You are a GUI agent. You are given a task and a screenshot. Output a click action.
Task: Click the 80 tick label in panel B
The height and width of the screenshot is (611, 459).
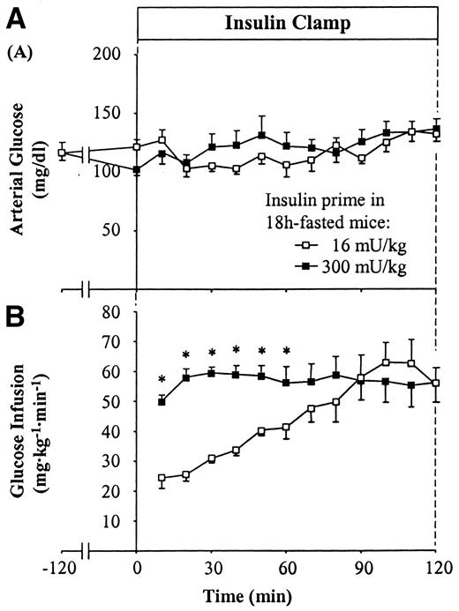110,311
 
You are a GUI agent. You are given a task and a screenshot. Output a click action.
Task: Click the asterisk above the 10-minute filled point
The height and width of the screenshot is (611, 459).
162,381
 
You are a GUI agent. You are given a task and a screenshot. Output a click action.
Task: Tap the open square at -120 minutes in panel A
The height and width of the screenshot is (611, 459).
61,153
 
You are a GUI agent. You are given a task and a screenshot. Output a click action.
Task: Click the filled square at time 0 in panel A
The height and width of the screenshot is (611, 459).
137,169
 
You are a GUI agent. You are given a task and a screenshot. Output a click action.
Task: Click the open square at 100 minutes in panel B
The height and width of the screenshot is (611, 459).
387,362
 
